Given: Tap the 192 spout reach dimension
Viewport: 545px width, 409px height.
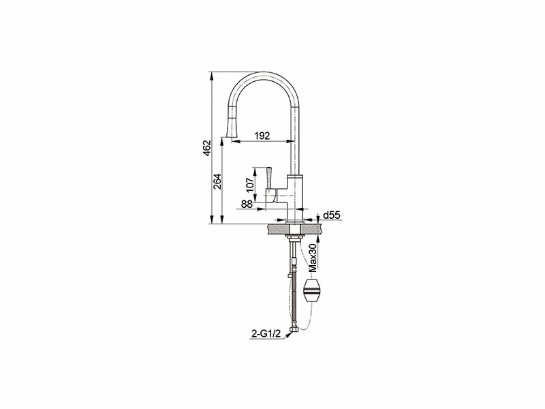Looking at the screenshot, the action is [262, 136].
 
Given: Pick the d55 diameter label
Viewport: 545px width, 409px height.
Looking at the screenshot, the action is [332, 215].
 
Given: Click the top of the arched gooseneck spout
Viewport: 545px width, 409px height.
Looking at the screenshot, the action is [263, 74].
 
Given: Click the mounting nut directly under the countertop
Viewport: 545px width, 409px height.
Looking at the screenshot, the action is [294, 238].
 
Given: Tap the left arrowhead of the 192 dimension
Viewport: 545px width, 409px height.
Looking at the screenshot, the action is [236, 141].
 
